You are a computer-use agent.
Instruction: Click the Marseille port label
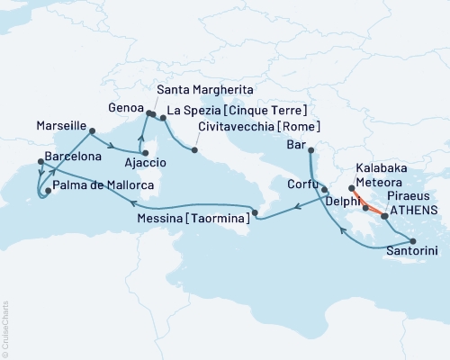(x=60, y=125)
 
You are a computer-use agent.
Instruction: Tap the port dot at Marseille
(x=92, y=131)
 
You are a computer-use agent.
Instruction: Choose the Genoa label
(x=126, y=106)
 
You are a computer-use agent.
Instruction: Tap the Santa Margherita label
(x=202, y=91)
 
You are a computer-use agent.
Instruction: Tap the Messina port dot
(x=255, y=213)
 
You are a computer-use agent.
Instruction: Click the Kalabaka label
(x=381, y=167)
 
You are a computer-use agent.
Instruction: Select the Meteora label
(x=380, y=182)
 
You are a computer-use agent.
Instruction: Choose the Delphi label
(x=344, y=203)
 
